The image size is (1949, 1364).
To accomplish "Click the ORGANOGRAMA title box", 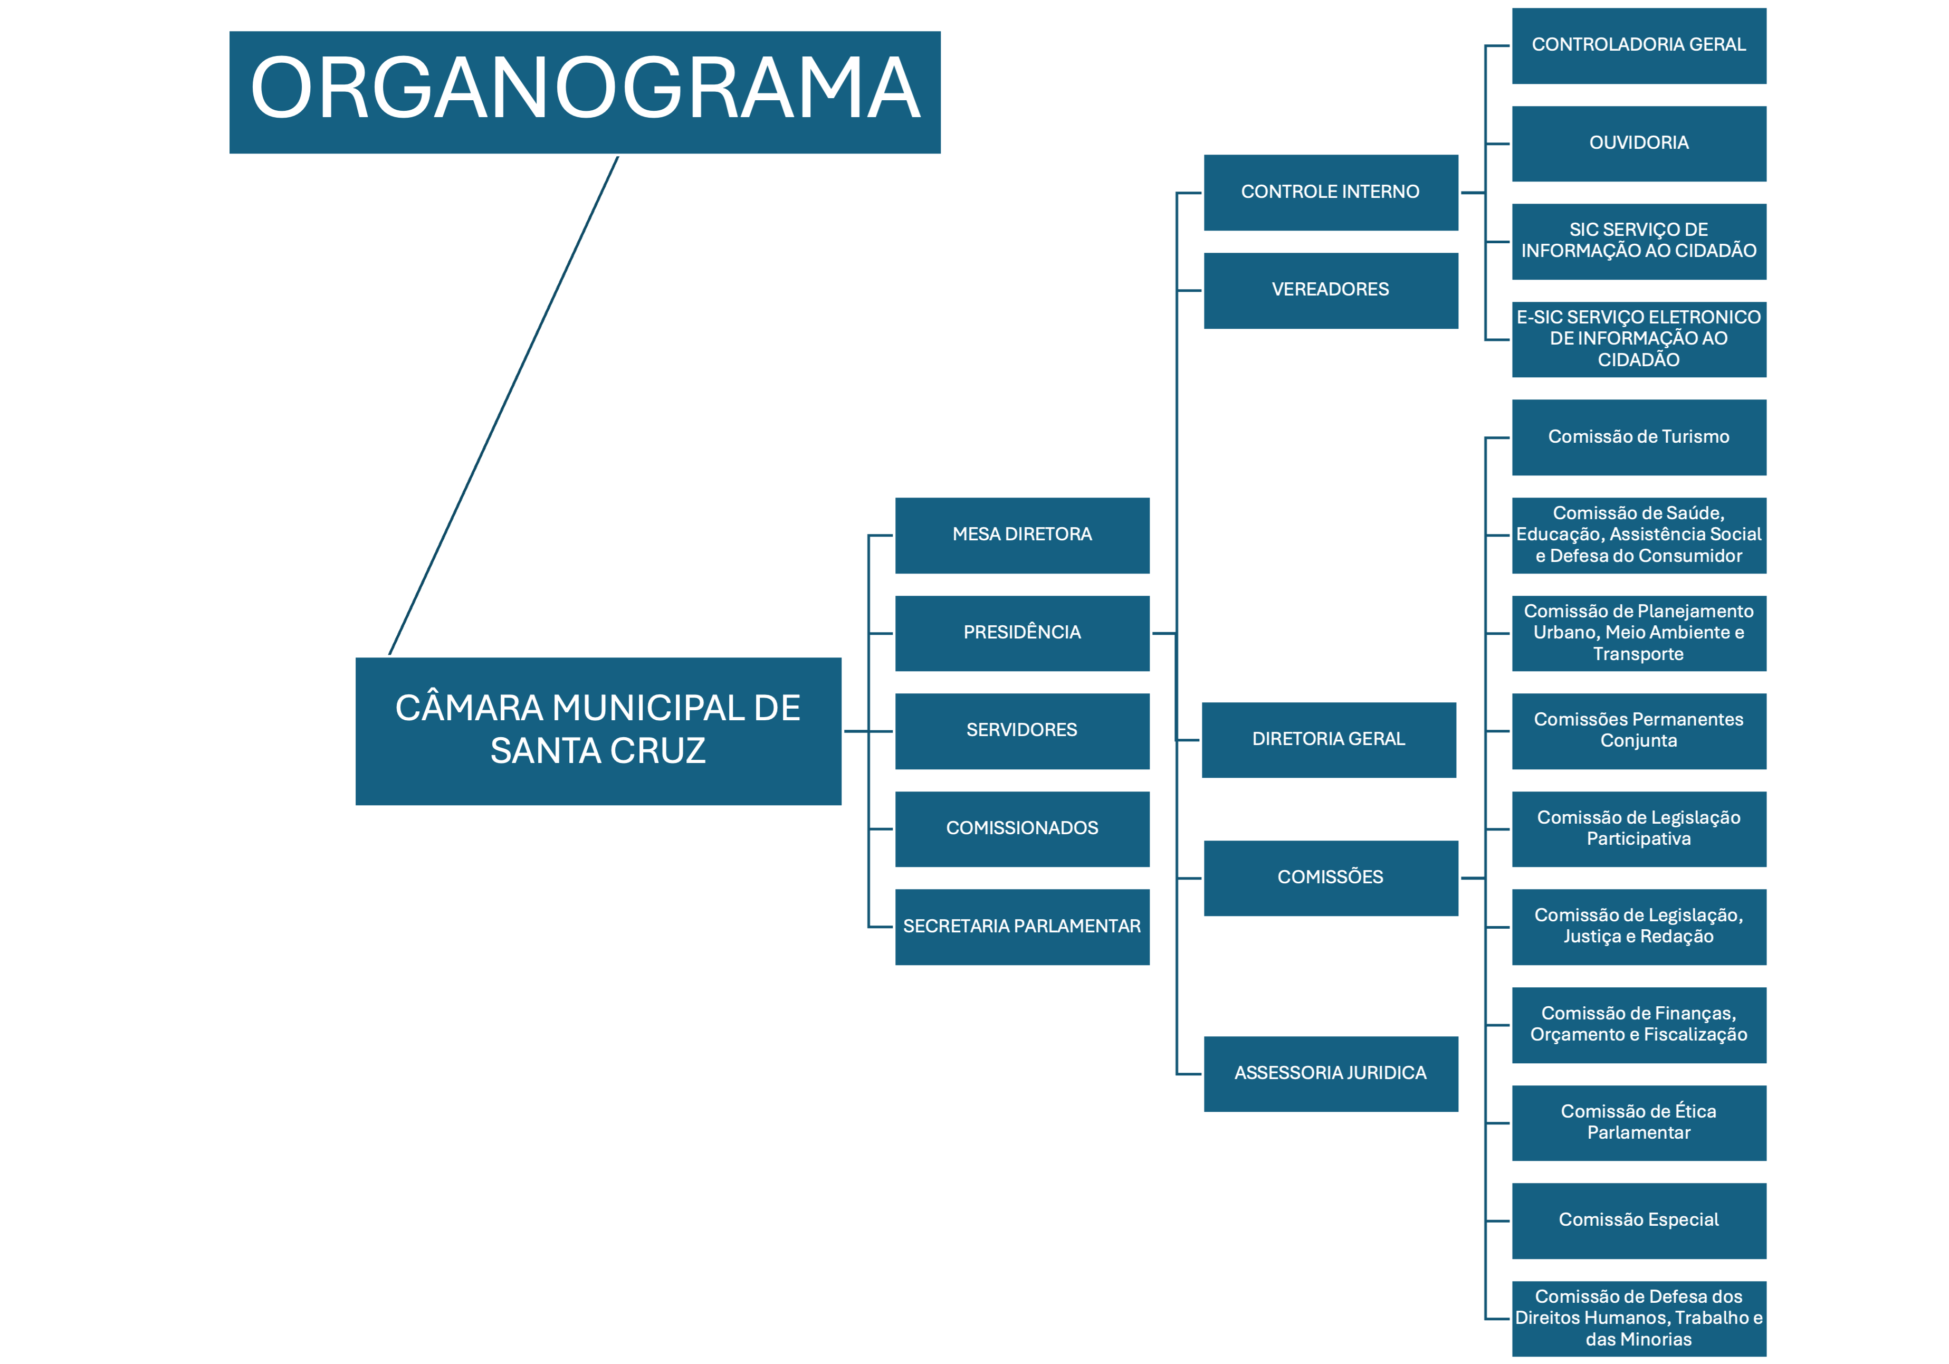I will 585,92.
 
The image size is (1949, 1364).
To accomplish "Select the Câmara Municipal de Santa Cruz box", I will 598,731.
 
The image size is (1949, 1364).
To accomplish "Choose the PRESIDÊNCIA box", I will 1022,633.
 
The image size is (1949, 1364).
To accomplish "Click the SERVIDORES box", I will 1022,731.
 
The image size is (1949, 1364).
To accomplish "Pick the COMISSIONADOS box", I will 1022,828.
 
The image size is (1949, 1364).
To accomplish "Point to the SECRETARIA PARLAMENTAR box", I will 1022,927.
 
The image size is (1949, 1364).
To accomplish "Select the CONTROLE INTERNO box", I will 1330,193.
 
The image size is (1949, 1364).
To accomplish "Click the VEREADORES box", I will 1330,290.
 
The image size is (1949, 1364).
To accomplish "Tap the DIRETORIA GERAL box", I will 1329,739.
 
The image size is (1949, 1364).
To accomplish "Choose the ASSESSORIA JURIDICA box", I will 1330,1074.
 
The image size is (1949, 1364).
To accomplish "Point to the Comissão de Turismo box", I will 1638,437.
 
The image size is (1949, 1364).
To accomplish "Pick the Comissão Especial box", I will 1638,1220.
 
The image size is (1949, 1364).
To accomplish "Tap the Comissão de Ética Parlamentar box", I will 1638,1122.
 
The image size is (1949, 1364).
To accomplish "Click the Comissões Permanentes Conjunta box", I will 1638,731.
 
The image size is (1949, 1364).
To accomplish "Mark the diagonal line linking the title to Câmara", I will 503,406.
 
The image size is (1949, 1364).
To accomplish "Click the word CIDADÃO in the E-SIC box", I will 1638,360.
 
